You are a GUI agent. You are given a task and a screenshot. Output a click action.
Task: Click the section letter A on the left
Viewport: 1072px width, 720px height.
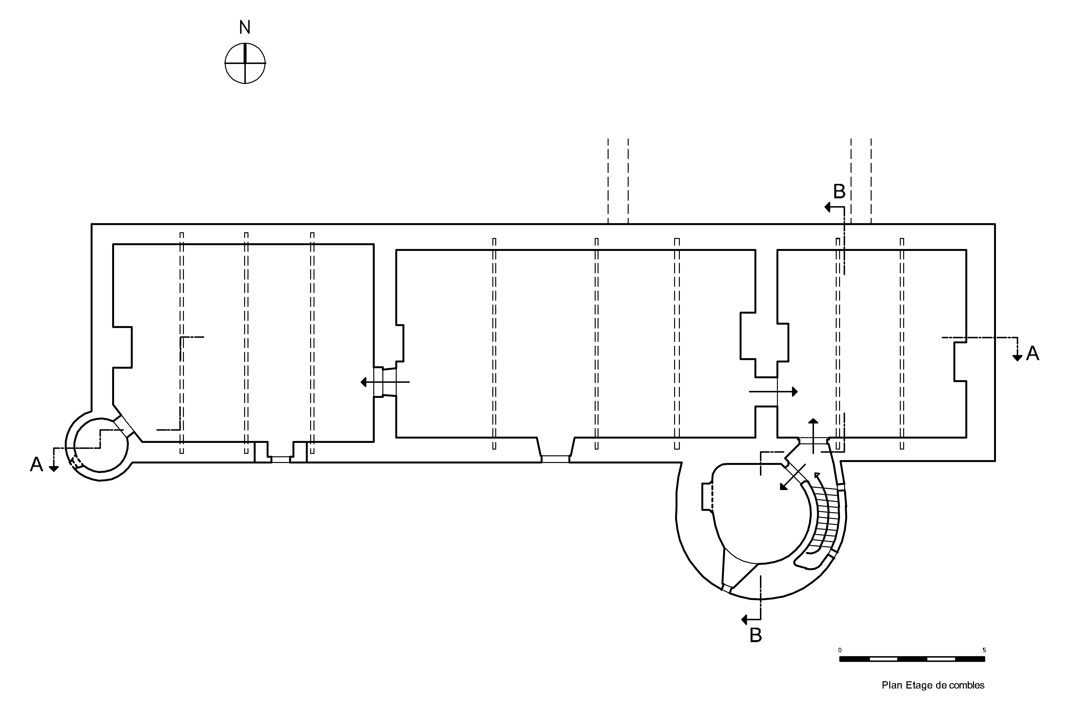tap(36, 465)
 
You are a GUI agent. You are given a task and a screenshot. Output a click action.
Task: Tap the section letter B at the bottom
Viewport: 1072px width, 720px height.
tap(755, 636)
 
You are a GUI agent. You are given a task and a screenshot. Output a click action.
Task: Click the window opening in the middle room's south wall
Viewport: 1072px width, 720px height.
tap(555, 458)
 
